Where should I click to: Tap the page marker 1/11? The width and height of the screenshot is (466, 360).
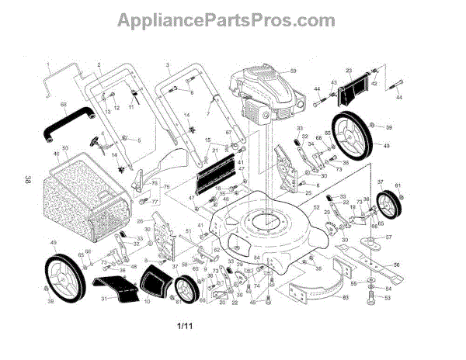click(x=184, y=327)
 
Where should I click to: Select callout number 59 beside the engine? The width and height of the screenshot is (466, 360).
click(x=294, y=71)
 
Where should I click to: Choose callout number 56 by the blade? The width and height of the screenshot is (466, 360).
click(x=396, y=264)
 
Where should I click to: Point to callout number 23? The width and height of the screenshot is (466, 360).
click(x=349, y=71)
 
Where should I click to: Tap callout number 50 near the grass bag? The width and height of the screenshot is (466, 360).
click(x=65, y=147)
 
